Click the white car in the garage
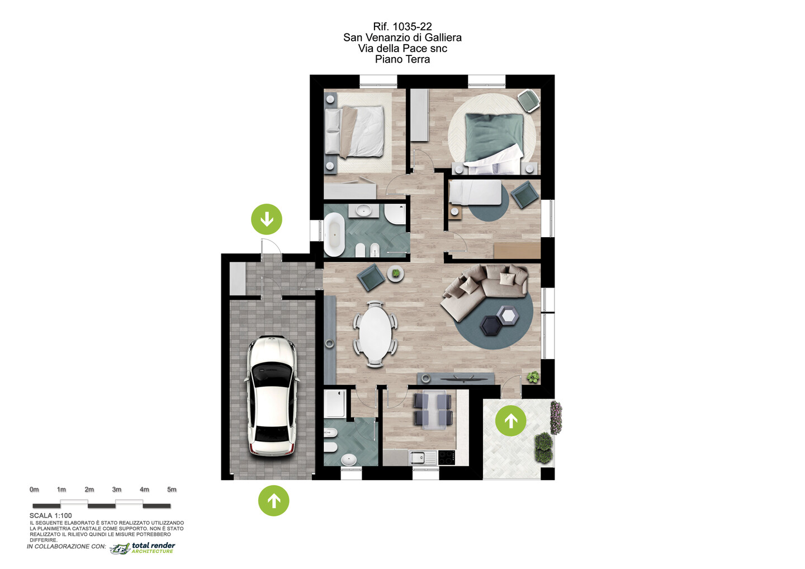[272, 396]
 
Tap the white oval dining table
[375, 333]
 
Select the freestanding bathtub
[334, 234]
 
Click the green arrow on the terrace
[511, 421]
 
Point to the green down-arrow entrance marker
[267, 219]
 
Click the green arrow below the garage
[273, 500]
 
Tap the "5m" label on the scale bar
[172, 490]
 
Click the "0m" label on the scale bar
[34, 490]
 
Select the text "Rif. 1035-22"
[402, 26]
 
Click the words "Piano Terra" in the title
[402, 59]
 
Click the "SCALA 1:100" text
[51, 515]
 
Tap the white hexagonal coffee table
[508, 316]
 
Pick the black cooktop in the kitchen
[447, 458]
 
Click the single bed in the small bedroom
[475, 192]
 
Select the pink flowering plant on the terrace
[556, 417]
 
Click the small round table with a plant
[396, 274]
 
